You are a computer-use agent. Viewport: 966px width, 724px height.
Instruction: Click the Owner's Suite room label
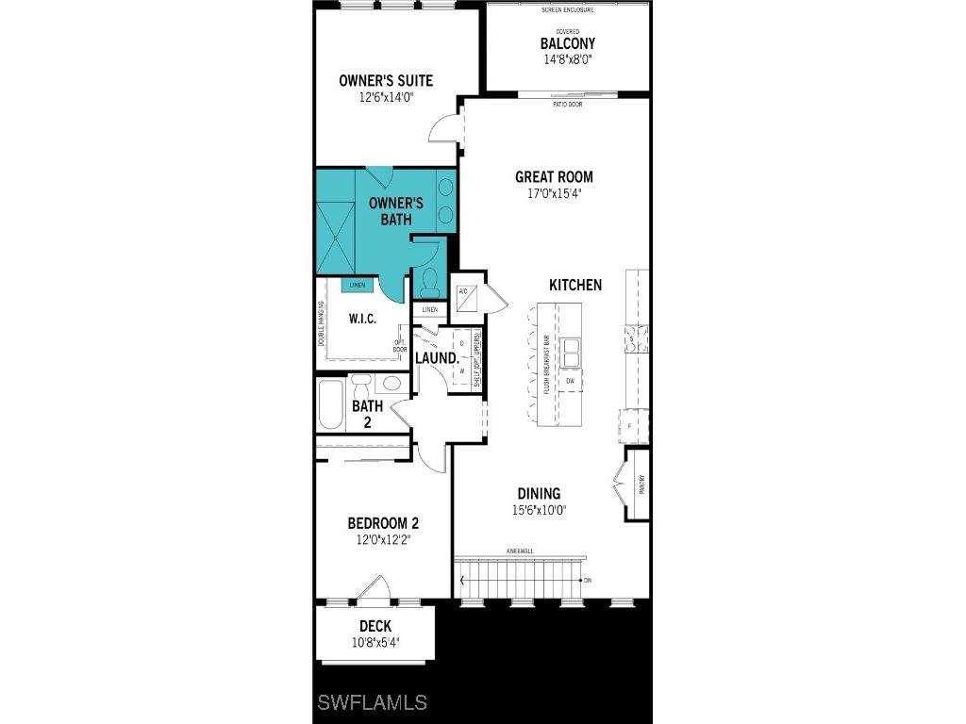coord(386,80)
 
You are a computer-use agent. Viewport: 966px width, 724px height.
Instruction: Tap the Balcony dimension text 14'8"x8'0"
coord(567,59)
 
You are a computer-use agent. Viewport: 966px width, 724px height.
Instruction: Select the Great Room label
coord(554,176)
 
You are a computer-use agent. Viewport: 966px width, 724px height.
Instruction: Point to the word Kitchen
coord(575,285)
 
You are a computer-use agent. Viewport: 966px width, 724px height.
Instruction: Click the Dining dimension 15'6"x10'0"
coord(539,510)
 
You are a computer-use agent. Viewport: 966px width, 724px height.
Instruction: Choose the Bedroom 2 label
coord(383,523)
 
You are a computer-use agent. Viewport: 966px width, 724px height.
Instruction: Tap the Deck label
coord(375,626)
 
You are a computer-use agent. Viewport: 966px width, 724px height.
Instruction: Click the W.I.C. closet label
coord(363,319)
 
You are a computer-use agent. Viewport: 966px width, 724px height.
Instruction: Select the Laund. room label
coord(437,358)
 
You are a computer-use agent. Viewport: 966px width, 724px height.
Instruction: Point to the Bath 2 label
coord(367,414)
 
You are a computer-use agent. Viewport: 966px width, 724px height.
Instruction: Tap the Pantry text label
coord(641,485)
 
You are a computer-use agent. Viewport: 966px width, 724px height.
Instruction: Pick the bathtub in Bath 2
coord(332,405)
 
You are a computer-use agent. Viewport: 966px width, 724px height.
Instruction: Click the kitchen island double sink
coord(571,352)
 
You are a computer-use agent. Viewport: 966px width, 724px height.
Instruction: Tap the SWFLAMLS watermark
coord(372,702)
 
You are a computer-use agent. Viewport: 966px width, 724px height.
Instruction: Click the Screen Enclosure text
coord(567,10)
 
